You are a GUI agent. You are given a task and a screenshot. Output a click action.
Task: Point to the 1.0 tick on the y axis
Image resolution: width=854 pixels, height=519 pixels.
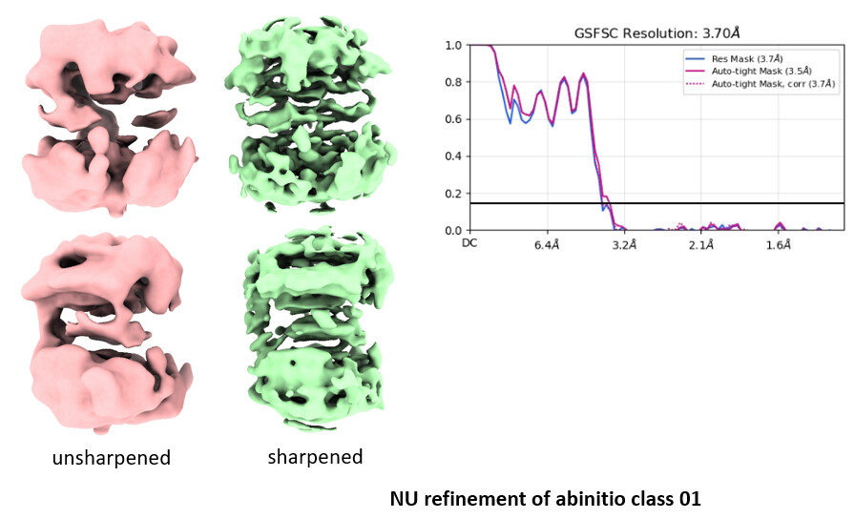[454, 45]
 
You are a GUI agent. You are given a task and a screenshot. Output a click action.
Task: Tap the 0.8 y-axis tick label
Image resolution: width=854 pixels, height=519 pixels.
[454, 82]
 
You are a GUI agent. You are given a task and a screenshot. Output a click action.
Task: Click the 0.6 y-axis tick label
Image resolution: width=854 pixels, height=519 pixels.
[454, 119]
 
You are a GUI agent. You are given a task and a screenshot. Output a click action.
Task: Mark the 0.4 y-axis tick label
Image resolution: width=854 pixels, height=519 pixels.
[454, 156]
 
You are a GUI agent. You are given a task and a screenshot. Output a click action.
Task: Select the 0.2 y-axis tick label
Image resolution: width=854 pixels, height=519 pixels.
[454, 194]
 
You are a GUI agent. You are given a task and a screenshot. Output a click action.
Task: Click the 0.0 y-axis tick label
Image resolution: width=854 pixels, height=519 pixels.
[454, 230]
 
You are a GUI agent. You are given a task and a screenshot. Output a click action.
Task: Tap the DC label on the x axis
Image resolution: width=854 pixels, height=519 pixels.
[469, 244]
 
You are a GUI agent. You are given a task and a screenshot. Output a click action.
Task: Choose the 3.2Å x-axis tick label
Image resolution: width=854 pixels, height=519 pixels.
[624, 245]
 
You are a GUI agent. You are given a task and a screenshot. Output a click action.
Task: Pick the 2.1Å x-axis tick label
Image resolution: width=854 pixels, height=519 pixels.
[701, 245]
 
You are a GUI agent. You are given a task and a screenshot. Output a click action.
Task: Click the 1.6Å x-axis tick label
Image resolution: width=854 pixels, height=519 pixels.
[779, 245]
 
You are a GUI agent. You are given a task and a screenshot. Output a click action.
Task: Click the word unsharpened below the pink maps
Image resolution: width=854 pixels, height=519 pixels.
[111, 458]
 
